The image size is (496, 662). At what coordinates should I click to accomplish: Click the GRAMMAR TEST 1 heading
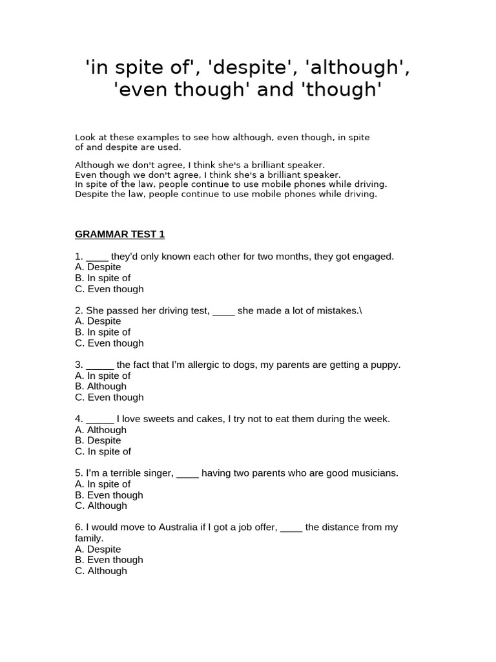[119, 234]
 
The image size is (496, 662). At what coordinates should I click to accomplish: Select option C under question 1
[109, 289]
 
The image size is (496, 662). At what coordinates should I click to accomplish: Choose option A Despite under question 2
[98, 321]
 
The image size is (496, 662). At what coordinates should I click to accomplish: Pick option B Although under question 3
[101, 387]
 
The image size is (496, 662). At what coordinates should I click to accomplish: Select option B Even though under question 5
[109, 495]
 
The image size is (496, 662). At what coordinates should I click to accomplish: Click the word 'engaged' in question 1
[373, 257]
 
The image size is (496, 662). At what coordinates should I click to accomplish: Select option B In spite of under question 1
[103, 278]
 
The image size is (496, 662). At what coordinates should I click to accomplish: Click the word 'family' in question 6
[88, 539]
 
